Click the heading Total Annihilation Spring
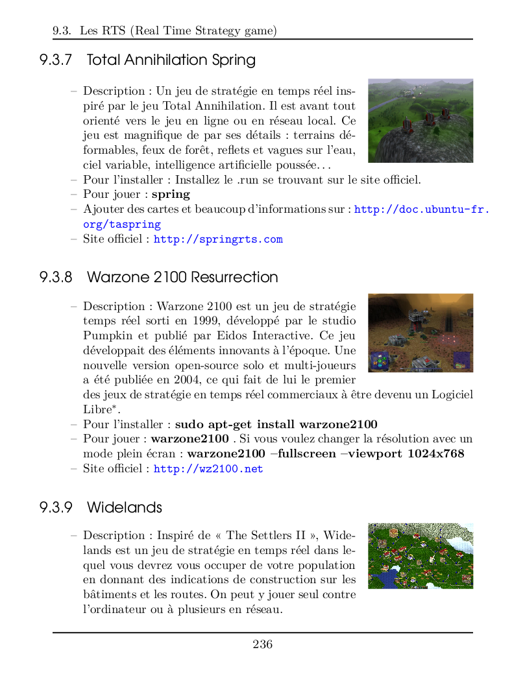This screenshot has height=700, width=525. tap(171, 60)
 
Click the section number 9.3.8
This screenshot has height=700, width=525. tap(55, 277)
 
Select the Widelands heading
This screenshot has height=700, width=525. tap(124, 507)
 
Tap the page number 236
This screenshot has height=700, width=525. tap(262, 644)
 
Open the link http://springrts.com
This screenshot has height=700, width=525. tap(217, 239)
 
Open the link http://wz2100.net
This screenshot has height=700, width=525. tap(208, 468)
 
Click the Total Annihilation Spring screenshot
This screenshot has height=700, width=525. tap(420, 121)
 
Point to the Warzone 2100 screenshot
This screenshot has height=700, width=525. tap(420, 333)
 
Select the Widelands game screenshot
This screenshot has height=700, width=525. tap(420, 556)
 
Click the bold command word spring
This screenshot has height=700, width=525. tap(171, 194)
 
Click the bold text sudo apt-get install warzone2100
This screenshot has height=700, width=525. tap(276, 424)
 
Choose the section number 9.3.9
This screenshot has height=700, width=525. tap(55, 507)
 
